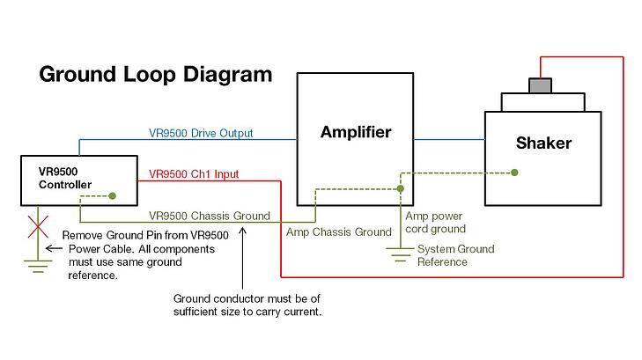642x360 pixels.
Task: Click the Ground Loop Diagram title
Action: (155, 74)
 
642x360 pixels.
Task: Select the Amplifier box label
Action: (355, 133)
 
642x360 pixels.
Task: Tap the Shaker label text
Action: (542, 143)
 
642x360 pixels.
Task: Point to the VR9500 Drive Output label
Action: (201, 134)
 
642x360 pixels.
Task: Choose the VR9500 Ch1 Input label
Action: (194, 174)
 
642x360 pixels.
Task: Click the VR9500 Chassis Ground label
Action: (210, 216)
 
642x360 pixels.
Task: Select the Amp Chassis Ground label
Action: (339, 232)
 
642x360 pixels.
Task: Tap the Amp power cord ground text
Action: (435, 222)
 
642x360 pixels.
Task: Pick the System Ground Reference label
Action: (455, 255)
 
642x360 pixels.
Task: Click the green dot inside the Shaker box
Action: (515, 173)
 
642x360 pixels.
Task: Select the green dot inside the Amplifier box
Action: (401, 188)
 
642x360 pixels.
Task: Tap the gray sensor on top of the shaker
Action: (538, 85)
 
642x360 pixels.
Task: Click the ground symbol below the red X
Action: (37, 264)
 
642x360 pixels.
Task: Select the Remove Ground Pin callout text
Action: (145, 255)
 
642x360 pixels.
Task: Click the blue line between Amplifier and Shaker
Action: (449, 139)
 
